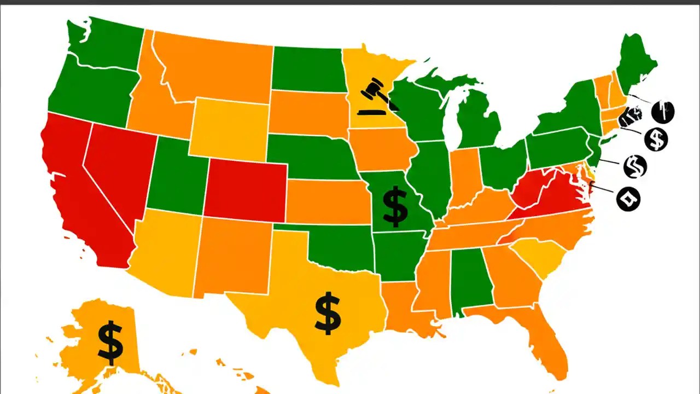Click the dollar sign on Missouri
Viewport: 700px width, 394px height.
(395, 206)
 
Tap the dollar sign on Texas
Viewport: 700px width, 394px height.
(328, 313)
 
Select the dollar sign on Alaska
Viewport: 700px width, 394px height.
(110, 343)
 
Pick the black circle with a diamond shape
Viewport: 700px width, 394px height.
(628, 198)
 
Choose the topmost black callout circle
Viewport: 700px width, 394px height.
(663, 112)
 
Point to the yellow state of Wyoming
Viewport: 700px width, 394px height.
(230, 129)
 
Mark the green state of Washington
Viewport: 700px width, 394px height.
(107, 47)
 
